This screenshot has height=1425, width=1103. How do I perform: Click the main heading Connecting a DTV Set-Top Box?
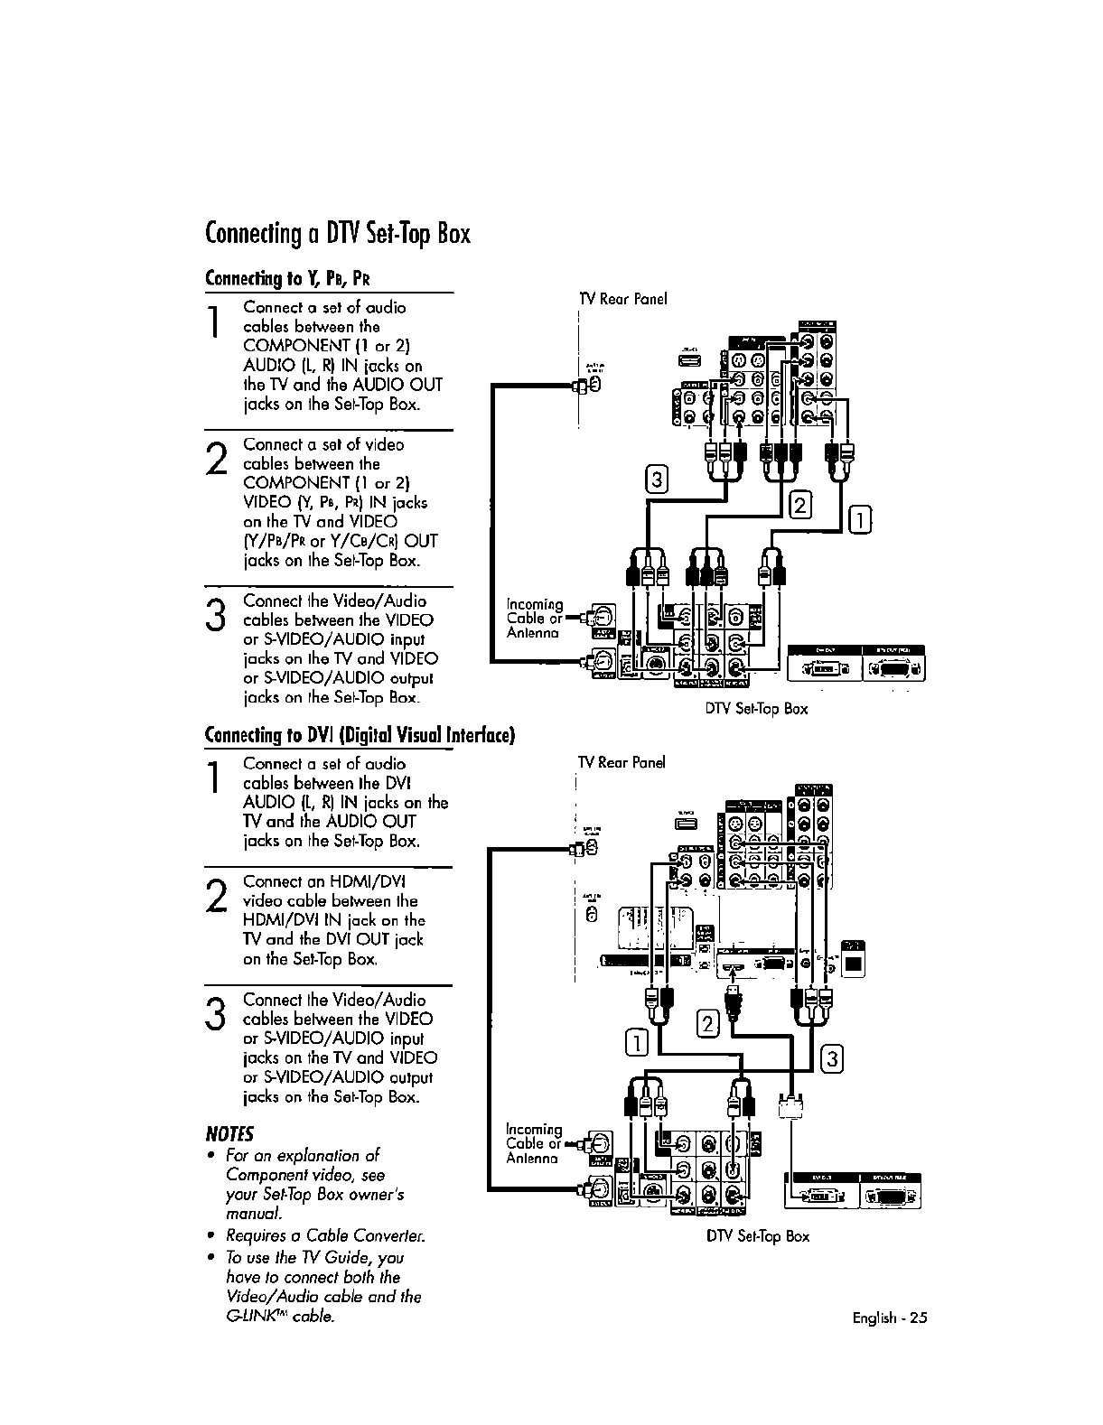tap(338, 234)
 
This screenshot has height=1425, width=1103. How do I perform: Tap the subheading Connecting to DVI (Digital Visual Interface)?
tap(360, 735)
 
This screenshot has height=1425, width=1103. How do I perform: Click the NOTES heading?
tap(230, 1133)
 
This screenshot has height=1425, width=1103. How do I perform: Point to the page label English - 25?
tap(890, 1318)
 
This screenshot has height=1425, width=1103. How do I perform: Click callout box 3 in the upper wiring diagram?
tap(657, 480)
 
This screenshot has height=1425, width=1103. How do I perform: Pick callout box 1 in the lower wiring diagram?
tap(635, 1043)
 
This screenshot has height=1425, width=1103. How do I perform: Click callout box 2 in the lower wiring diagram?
tap(709, 1023)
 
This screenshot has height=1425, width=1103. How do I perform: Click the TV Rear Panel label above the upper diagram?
tap(622, 299)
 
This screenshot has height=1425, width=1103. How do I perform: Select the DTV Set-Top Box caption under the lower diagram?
tap(757, 1236)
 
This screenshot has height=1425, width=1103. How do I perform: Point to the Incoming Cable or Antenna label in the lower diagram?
tap(535, 1143)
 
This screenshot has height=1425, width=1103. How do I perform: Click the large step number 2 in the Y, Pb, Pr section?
tap(217, 459)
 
